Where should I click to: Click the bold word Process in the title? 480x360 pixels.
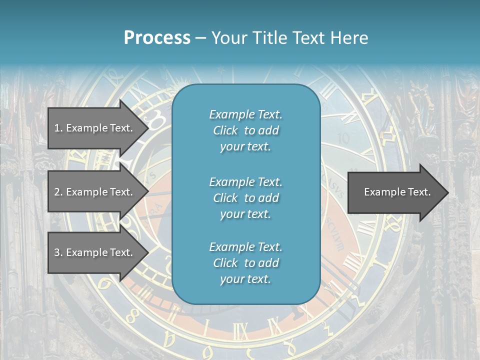pyautogui.click(x=157, y=38)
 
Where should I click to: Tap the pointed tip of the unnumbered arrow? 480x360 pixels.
pyautogui.click(x=447, y=192)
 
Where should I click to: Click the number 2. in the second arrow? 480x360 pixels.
pyautogui.click(x=58, y=192)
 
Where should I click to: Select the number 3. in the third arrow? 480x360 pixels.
pyautogui.click(x=58, y=252)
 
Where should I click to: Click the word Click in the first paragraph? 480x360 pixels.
pyautogui.click(x=225, y=130)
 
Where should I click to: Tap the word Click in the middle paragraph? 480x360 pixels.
pyautogui.click(x=225, y=198)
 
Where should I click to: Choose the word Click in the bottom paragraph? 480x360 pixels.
pyautogui.click(x=225, y=263)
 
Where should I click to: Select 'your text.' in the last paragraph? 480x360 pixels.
pyautogui.click(x=245, y=279)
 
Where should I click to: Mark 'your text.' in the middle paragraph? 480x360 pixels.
pyautogui.click(x=245, y=214)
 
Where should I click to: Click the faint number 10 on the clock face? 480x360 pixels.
pyautogui.click(x=343, y=138)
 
